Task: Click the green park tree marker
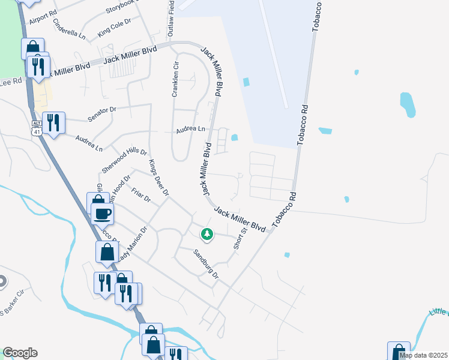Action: pyautogui.click(x=207, y=233)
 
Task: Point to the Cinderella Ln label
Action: pyautogui.click(x=69, y=29)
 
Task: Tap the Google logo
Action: pyautogui.click(x=20, y=353)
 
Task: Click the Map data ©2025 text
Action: pyautogui.click(x=422, y=355)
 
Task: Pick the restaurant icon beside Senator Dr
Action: pyautogui.click(x=53, y=123)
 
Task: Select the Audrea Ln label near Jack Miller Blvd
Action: pyautogui.click(x=190, y=129)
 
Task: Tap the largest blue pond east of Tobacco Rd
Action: pyautogui.click(x=408, y=104)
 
